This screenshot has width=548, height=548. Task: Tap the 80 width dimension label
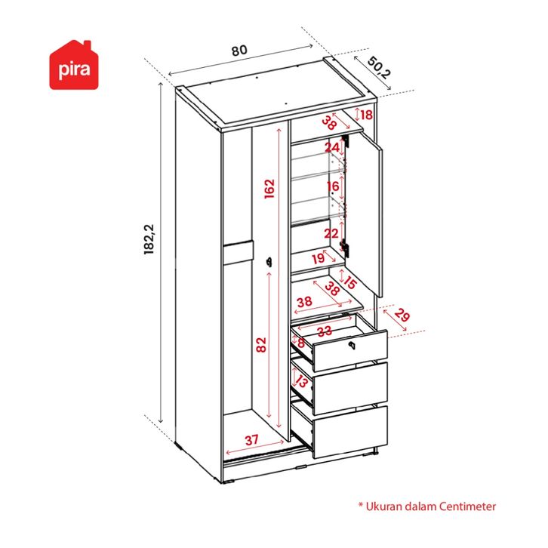click(x=239, y=51)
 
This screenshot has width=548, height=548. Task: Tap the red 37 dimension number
click(x=251, y=440)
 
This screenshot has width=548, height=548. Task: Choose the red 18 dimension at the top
click(x=366, y=115)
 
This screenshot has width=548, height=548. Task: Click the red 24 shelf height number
click(x=332, y=148)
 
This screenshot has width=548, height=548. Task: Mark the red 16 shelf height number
click(x=333, y=186)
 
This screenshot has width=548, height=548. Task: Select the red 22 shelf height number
click(x=332, y=234)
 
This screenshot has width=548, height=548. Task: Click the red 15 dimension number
click(x=349, y=282)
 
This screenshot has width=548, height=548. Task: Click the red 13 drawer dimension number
click(x=301, y=382)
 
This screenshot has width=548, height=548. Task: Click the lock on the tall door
click(x=268, y=261)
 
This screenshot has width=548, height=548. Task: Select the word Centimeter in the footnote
click(x=463, y=506)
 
